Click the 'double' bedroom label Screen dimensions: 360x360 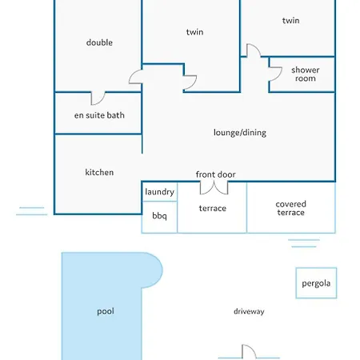(x=99, y=42)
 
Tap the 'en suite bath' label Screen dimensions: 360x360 (x=99, y=115)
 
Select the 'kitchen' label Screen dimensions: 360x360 (x=99, y=172)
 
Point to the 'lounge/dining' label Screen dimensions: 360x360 (x=240, y=133)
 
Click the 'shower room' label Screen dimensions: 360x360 (x=305, y=74)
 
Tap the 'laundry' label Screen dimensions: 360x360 (x=159, y=192)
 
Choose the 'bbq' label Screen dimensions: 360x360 (x=159, y=215)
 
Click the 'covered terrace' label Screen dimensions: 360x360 (x=290, y=208)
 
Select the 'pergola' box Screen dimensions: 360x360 (x=316, y=282)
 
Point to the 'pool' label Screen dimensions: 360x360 (x=106, y=311)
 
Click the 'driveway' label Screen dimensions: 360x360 (x=249, y=311)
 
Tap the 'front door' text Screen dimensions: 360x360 (x=215, y=174)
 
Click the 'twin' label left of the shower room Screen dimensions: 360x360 (x=194, y=32)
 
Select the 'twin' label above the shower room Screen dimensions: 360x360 (x=290, y=20)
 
